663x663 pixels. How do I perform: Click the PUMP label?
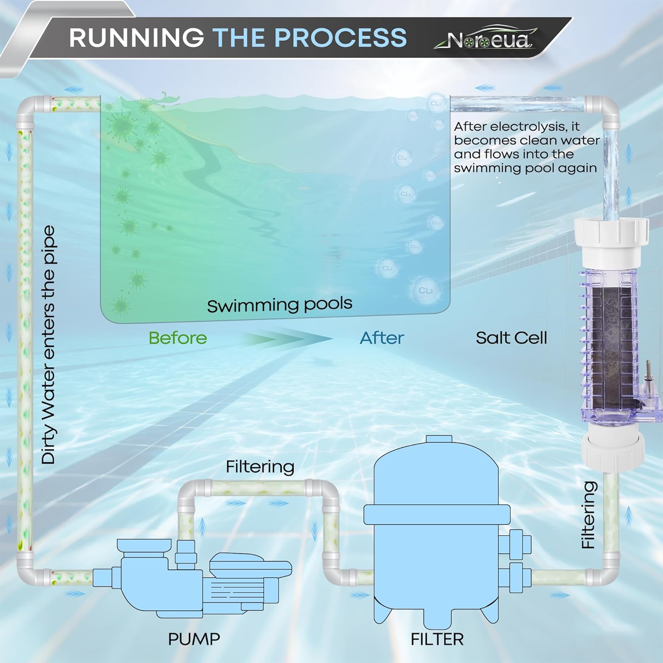(x=194, y=639)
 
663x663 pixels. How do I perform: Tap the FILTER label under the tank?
(x=437, y=639)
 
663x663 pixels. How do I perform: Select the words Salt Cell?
(x=511, y=338)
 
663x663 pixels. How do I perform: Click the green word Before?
(x=178, y=338)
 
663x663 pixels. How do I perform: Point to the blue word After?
(x=382, y=338)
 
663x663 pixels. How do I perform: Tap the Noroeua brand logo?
(x=488, y=40)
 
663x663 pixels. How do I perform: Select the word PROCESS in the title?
(x=340, y=38)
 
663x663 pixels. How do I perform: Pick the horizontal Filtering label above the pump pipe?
(x=260, y=467)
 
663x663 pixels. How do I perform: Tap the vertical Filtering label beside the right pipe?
(x=588, y=515)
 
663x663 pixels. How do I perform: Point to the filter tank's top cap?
(x=438, y=439)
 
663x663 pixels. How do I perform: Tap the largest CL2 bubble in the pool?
(x=425, y=290)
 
